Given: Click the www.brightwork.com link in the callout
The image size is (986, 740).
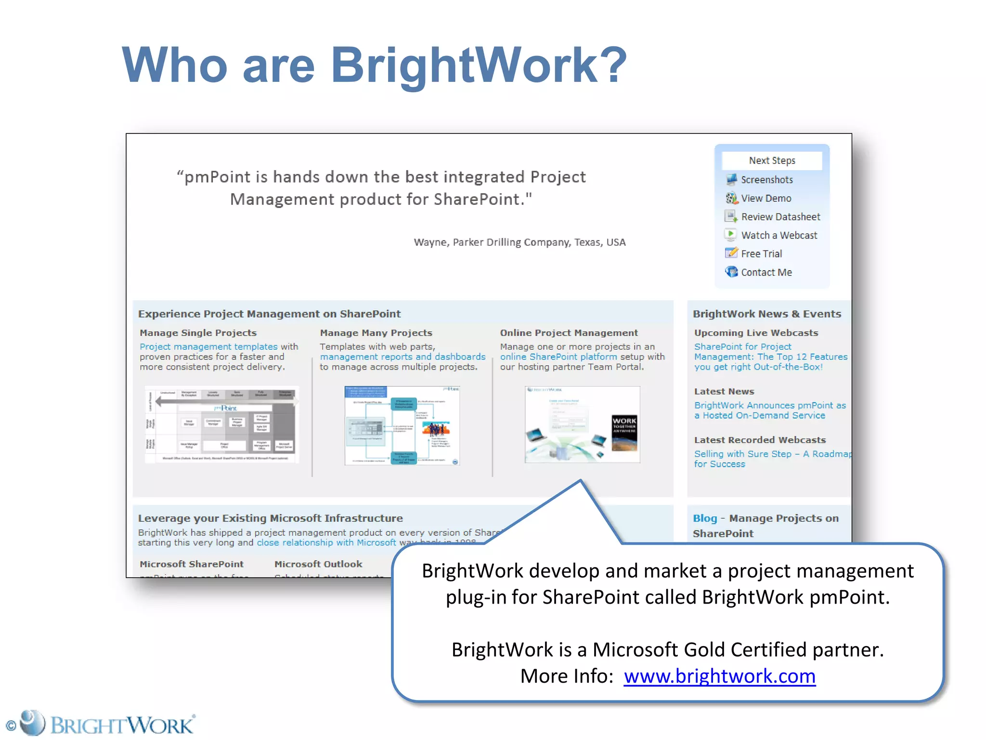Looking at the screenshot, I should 719,676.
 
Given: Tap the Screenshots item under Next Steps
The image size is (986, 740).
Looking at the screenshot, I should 766,180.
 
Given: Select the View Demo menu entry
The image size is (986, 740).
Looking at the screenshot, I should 765,198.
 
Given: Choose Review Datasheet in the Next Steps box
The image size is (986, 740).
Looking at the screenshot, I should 780,217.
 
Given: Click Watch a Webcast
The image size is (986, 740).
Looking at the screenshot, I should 778,235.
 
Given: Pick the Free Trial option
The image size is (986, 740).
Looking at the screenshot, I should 761,254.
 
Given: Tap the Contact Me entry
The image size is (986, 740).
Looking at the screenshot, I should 766,272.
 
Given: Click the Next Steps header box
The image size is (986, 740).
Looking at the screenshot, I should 772,160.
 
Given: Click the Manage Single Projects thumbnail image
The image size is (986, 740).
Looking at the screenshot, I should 222,424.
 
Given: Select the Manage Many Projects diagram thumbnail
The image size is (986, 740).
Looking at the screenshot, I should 402,425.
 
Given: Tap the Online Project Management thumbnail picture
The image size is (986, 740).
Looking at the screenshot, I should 582,424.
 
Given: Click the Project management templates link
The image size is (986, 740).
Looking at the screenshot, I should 208,347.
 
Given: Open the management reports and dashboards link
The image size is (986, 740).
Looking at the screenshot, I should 402,357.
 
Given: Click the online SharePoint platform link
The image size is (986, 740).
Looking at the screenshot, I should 558,357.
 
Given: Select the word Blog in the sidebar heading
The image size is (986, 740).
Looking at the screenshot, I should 705,518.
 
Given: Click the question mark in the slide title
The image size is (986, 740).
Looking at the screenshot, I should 610,65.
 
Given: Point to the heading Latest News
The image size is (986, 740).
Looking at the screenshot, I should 724,392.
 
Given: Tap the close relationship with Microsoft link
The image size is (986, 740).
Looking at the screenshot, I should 326,543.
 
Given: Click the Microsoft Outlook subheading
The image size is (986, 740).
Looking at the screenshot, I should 318,564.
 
